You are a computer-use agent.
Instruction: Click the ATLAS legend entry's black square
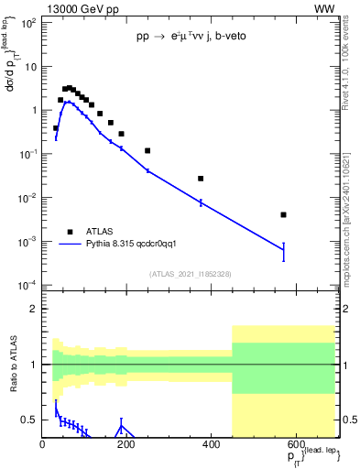pos(70,232)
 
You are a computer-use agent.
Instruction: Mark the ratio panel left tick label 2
pos(34,310)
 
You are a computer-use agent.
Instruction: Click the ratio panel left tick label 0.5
pos(30,420)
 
